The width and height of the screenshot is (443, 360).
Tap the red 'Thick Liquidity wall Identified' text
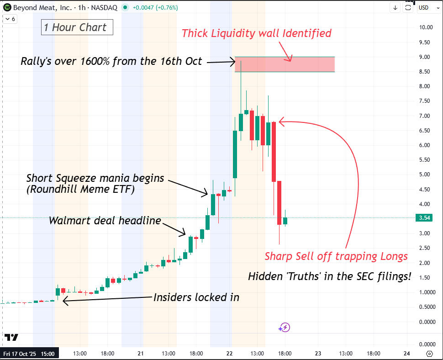[x=256, y=33]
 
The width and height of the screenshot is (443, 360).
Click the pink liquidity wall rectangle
[x=285, y=64]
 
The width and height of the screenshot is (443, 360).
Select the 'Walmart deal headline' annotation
[x=105, y=221]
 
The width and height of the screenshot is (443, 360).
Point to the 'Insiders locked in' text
[x=196, y=297]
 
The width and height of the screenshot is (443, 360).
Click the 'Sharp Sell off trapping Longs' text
[x=336, y=256]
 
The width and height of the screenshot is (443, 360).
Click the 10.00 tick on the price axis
[x=426, y=27]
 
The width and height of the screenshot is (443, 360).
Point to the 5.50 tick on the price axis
[x=424, y=160]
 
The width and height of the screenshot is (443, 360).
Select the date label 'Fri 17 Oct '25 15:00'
[x=29, y=354]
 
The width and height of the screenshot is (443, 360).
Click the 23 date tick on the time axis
[x=318, y=354]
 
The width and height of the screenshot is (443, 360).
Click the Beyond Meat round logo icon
[x=7, y=7]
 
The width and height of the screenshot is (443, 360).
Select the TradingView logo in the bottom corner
[x=11, y=337]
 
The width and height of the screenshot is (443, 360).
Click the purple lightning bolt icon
[x=285, y=327]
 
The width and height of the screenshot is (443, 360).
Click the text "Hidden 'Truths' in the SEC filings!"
[x=329, y=276]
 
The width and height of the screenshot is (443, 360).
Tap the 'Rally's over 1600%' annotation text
[x=111, y=61]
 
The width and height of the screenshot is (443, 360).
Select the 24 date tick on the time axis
[x=406, y=354]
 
